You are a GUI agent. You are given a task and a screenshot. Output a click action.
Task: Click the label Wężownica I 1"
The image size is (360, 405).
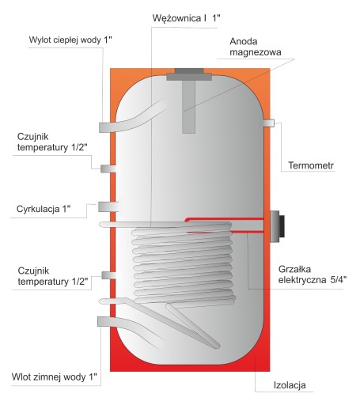point(186,18)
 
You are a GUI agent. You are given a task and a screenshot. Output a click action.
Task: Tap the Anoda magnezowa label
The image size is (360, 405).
point(256,47)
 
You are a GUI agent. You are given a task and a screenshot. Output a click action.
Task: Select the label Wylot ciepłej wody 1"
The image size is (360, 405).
point(70,40)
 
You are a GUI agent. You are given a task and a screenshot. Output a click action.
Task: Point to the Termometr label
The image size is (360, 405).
point(311,165)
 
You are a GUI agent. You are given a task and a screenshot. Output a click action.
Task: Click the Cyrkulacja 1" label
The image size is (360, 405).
point(44,209)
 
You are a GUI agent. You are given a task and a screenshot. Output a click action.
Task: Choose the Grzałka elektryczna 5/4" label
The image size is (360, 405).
point(313,274)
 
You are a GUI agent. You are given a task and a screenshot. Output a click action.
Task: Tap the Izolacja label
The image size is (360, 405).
point(290,385)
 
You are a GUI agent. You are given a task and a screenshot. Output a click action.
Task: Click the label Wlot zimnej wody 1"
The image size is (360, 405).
point(55,377)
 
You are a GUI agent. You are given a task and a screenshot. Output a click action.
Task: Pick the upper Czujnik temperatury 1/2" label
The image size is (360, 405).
point(52,142)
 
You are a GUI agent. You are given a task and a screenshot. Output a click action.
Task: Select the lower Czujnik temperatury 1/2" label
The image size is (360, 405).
point(53,276)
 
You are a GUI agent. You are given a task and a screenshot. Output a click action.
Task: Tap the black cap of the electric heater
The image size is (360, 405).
point(282,226)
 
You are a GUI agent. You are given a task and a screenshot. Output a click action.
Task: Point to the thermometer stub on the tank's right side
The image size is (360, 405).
point(269,123)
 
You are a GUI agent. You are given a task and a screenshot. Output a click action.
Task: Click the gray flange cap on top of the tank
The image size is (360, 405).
point(189,74)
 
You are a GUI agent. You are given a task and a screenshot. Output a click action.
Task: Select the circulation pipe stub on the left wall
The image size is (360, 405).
point(108,206)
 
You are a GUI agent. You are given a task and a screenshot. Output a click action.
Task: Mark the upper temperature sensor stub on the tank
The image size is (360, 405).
point(108,168)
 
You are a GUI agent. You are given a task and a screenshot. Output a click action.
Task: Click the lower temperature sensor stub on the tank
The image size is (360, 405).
point(108,275)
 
